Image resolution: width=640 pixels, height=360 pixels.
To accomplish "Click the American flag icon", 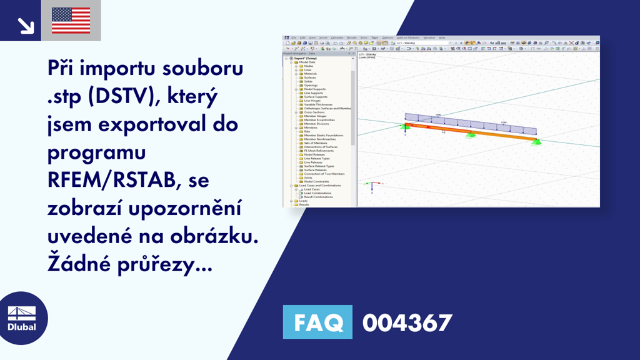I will [x=71, y=21].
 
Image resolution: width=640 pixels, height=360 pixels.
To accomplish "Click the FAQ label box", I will [x=317, y=322].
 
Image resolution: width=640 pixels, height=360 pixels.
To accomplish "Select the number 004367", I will [x=407, y=322].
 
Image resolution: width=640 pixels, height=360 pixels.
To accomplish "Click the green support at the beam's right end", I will [x=536, y=142].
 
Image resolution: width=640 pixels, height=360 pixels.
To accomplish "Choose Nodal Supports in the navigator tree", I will [x=315, y=89].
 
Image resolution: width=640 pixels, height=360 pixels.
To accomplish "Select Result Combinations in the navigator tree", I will [x=318, y=197].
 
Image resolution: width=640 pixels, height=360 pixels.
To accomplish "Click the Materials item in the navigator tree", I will [x=310, y=74].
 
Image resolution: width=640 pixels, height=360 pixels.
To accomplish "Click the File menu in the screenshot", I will [x=292, y=37].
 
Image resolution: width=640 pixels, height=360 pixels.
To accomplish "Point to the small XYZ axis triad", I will [x=371, y=185].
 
